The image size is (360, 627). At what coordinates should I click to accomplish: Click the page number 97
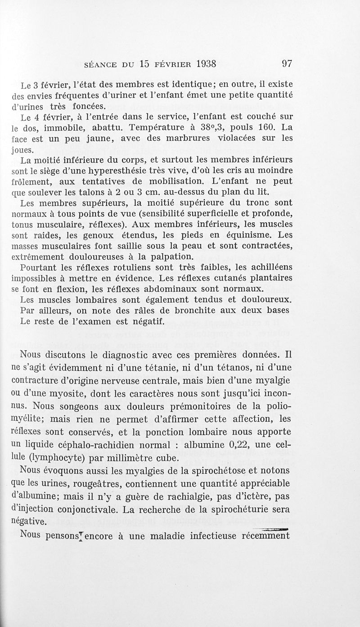[x=287, y=63]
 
